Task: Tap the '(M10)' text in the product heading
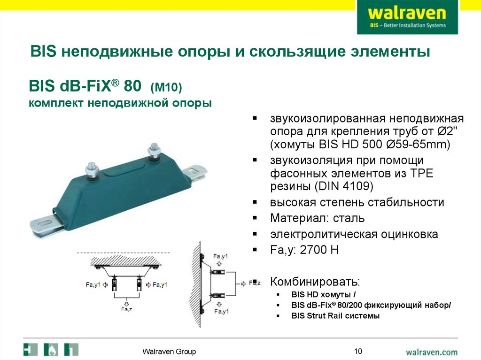click(x=166, y=88)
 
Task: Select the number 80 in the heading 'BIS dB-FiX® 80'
click(x=133, y=87)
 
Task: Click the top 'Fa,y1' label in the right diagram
click(x=220, y=256)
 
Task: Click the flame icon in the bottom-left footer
click(x=51, y=350)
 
